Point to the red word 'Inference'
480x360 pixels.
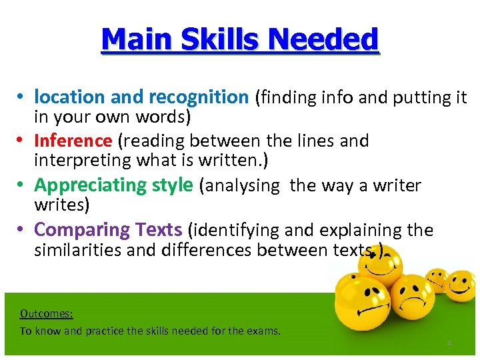[73, 141]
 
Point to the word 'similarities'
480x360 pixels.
[73, 250]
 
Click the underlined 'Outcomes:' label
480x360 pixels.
[46, 313]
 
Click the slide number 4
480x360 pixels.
[449, 343]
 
